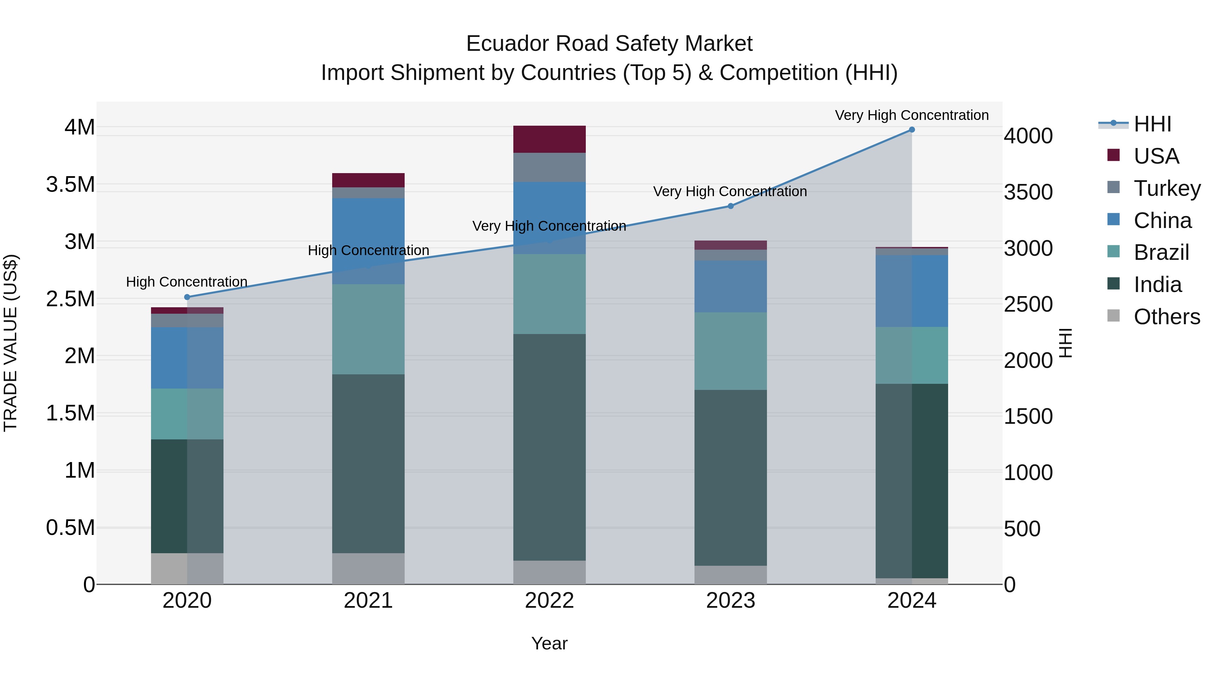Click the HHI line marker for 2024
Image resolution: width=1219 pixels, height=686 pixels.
912,130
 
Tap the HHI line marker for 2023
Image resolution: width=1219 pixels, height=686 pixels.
730,206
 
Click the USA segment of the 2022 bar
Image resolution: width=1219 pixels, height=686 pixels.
550,139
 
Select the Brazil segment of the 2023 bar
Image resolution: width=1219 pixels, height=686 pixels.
730,351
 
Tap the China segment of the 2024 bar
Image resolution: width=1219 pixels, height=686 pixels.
912,291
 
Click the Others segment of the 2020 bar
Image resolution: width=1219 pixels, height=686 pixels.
187,568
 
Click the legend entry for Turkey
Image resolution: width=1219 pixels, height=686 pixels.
1167,188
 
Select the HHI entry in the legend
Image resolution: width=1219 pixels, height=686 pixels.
1152,124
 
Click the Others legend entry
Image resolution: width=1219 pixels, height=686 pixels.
1167,317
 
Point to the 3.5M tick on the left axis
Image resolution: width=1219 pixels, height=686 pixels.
70,185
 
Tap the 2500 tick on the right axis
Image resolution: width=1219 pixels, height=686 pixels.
1028,305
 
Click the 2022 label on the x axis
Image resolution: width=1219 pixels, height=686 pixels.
550,601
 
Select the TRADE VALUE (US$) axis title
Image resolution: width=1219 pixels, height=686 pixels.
10,343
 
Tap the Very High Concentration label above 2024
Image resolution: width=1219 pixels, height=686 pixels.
912,115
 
